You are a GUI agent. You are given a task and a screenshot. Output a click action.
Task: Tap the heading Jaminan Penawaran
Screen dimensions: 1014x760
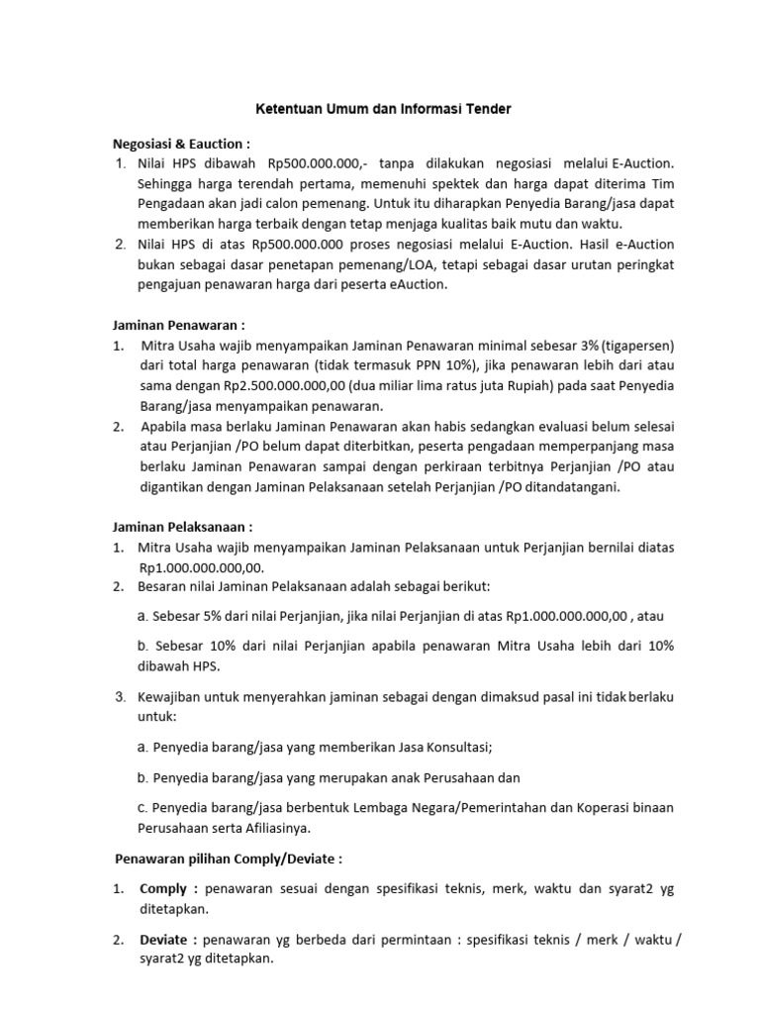tap(176, 325)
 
